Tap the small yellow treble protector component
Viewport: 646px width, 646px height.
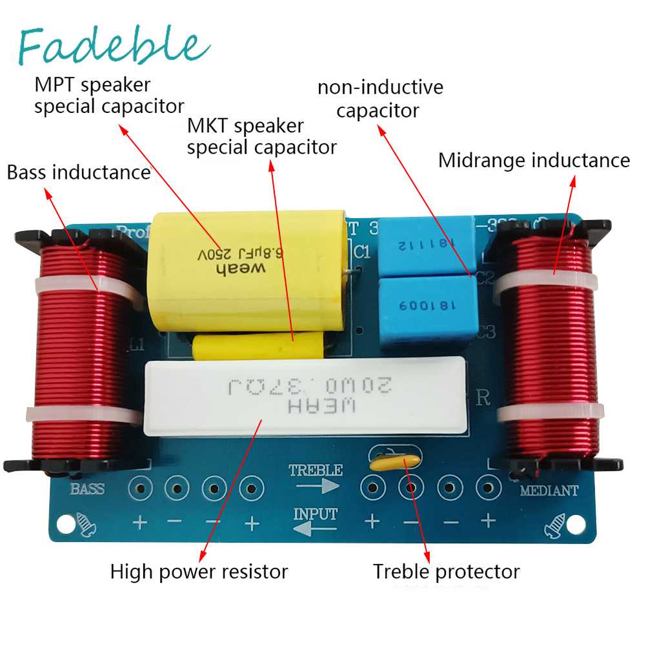[394, 460]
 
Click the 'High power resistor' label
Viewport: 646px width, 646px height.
[199, 571]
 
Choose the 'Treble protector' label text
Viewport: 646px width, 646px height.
[446, 571]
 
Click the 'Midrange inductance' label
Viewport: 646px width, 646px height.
[534, 160]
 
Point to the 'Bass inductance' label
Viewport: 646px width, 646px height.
[78, 172]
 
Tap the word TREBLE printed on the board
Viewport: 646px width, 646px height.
[315, 470]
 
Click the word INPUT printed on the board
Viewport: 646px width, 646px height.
[315, 514]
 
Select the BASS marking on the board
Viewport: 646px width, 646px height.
[87, 489]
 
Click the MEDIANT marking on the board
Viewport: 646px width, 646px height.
[549, 490]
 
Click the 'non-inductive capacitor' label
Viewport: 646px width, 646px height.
[380, 98]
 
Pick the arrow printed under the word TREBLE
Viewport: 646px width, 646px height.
[321, 485]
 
